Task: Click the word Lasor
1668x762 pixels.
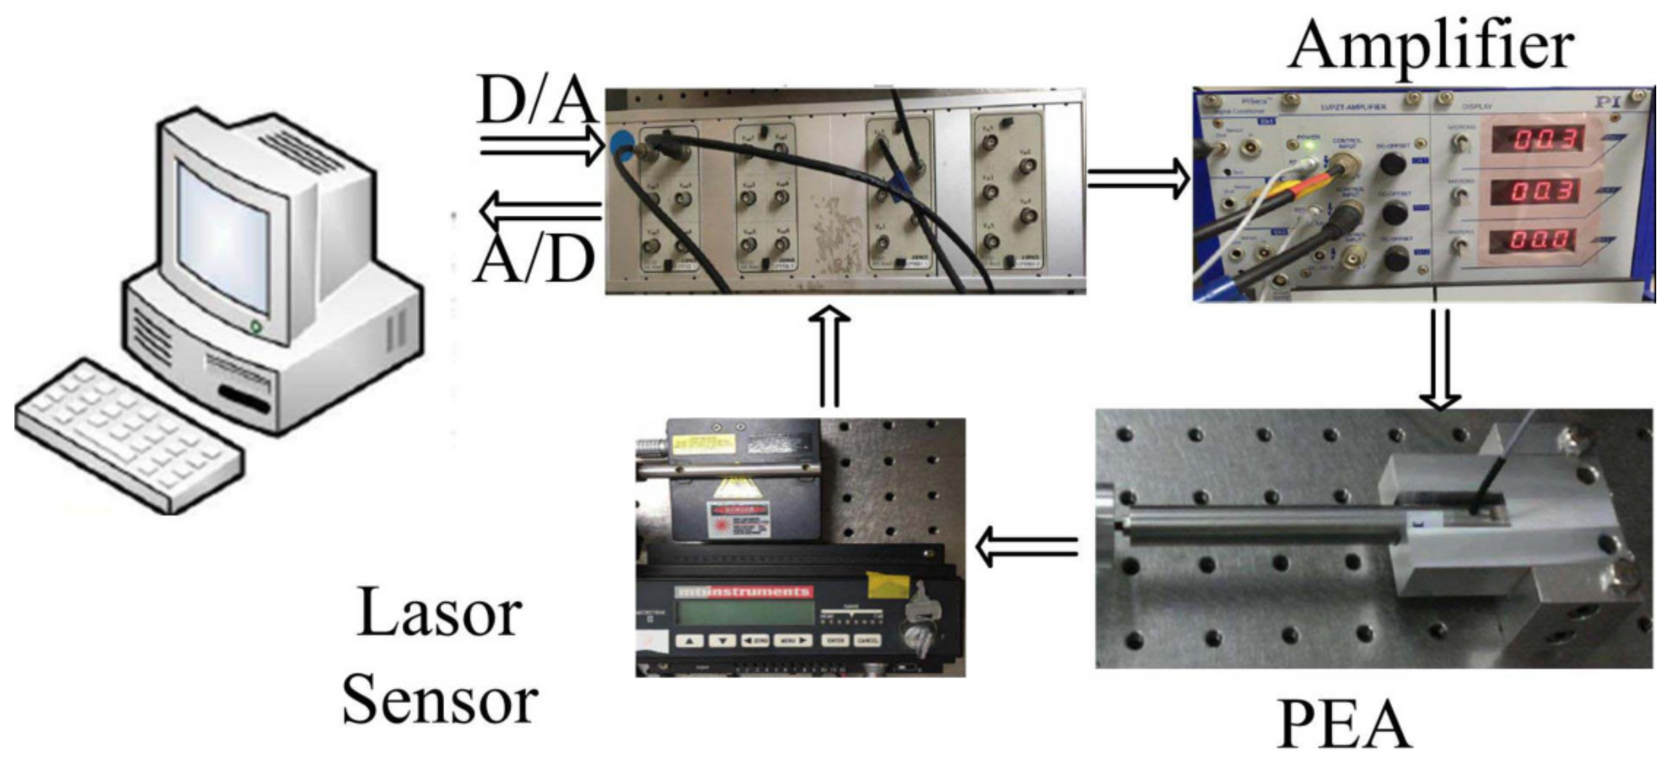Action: coord(438,612)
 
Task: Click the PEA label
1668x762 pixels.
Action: coord(1346,725)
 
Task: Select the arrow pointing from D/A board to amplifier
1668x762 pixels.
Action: coord(1138,179)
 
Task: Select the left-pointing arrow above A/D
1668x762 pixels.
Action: coord(540,210)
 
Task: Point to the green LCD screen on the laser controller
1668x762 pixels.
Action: coord(745,612)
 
